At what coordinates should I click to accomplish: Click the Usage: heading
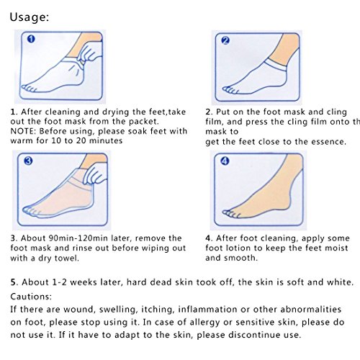[x=30, y=17]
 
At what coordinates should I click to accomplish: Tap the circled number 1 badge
[x=31, y=39]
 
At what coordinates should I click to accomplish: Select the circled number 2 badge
[x=225, y=40]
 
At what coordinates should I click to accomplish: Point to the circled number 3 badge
[x=28, y=161]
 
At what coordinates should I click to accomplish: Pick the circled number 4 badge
[x=225, y=161]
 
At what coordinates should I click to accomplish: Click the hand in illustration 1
[x=90, y=53]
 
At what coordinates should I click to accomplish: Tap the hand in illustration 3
[x=95, y=174]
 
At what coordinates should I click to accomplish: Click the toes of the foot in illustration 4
[x=231, y=213]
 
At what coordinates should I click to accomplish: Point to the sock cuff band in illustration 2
[x=276, y=65]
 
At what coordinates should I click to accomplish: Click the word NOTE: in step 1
[x=24, y=131]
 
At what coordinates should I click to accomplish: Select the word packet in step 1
[x=144, y=122]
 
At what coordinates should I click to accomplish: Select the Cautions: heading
[x=31, y=297]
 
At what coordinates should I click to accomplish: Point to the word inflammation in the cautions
[x=207, y=310]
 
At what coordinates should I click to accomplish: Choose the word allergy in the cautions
[x=204, y=323]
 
